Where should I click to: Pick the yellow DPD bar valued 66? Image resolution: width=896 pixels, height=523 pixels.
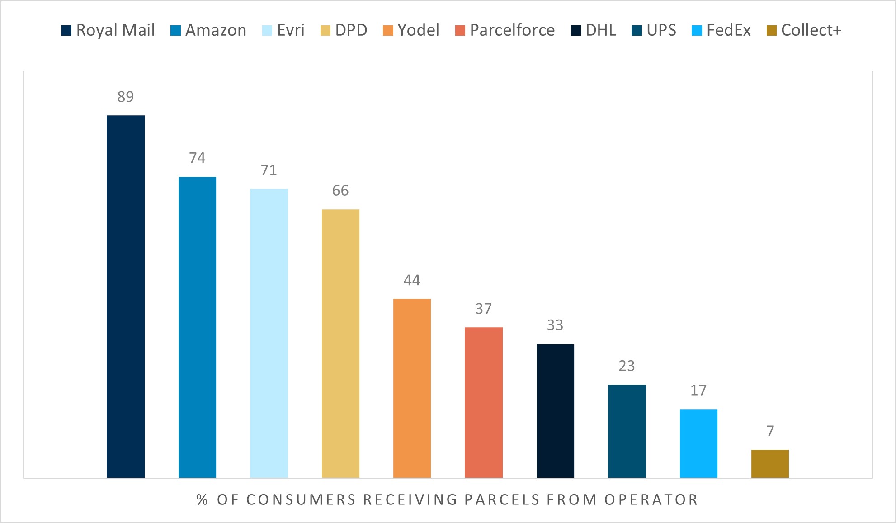coord(340,343)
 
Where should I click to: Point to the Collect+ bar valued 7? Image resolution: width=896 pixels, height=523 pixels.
coord(770,463)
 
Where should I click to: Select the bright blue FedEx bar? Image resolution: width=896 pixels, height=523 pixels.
coord(698,443)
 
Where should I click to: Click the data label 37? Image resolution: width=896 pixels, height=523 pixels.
coord(483,309)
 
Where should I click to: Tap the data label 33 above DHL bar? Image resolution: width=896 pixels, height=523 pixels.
coord(555,325)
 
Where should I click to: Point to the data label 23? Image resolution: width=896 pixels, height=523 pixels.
coord(627,366)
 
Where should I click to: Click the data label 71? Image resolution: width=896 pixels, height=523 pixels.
coord(269,170)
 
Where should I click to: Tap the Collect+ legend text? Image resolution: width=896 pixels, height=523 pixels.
coord(811,30)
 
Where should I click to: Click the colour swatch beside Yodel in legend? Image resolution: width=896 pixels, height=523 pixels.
coord(387,31)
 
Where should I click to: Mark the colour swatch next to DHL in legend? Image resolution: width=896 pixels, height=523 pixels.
coord(575,31)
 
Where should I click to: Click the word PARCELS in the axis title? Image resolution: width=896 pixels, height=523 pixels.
coord(502,499)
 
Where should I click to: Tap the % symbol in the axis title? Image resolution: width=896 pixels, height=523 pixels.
coord(202,499)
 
